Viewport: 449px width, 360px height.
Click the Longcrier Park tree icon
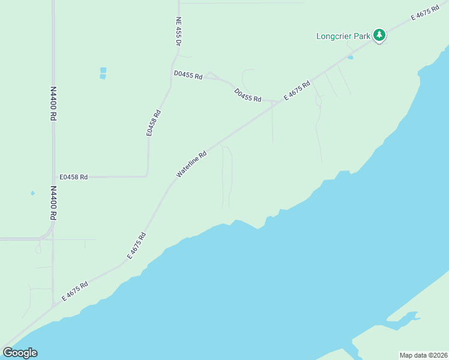pyautogui.click(x=379, y=35)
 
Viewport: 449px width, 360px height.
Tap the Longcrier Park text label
pyautogui.click(x=343, y=36)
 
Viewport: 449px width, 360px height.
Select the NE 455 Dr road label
pyautogui.click(x=178, y=32)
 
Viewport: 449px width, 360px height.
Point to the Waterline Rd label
pyautogui.click(x=191, y=164)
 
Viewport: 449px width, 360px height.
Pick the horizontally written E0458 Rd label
pyautogui.click(x=74, y=177)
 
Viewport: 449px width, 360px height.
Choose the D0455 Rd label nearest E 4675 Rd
pyautogui.click(x=248, y=95)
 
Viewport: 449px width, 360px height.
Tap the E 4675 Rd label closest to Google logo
pyautogui.click(x=75, y=291)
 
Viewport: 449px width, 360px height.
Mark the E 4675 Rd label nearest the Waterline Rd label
pyautogui.click(x=137, y=245)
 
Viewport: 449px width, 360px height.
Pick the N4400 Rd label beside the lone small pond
pyautogui.click(x=53, y=202)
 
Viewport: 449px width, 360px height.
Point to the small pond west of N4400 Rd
pyautogui.click(x=32, y=193)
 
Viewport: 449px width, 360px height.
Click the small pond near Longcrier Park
pyautogui.click(x=350, y=58)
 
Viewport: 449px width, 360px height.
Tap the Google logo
pyautogui.click(x=20, y=353)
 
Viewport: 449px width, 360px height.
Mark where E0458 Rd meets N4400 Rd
pyautogui.click(x=53, y=177)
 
